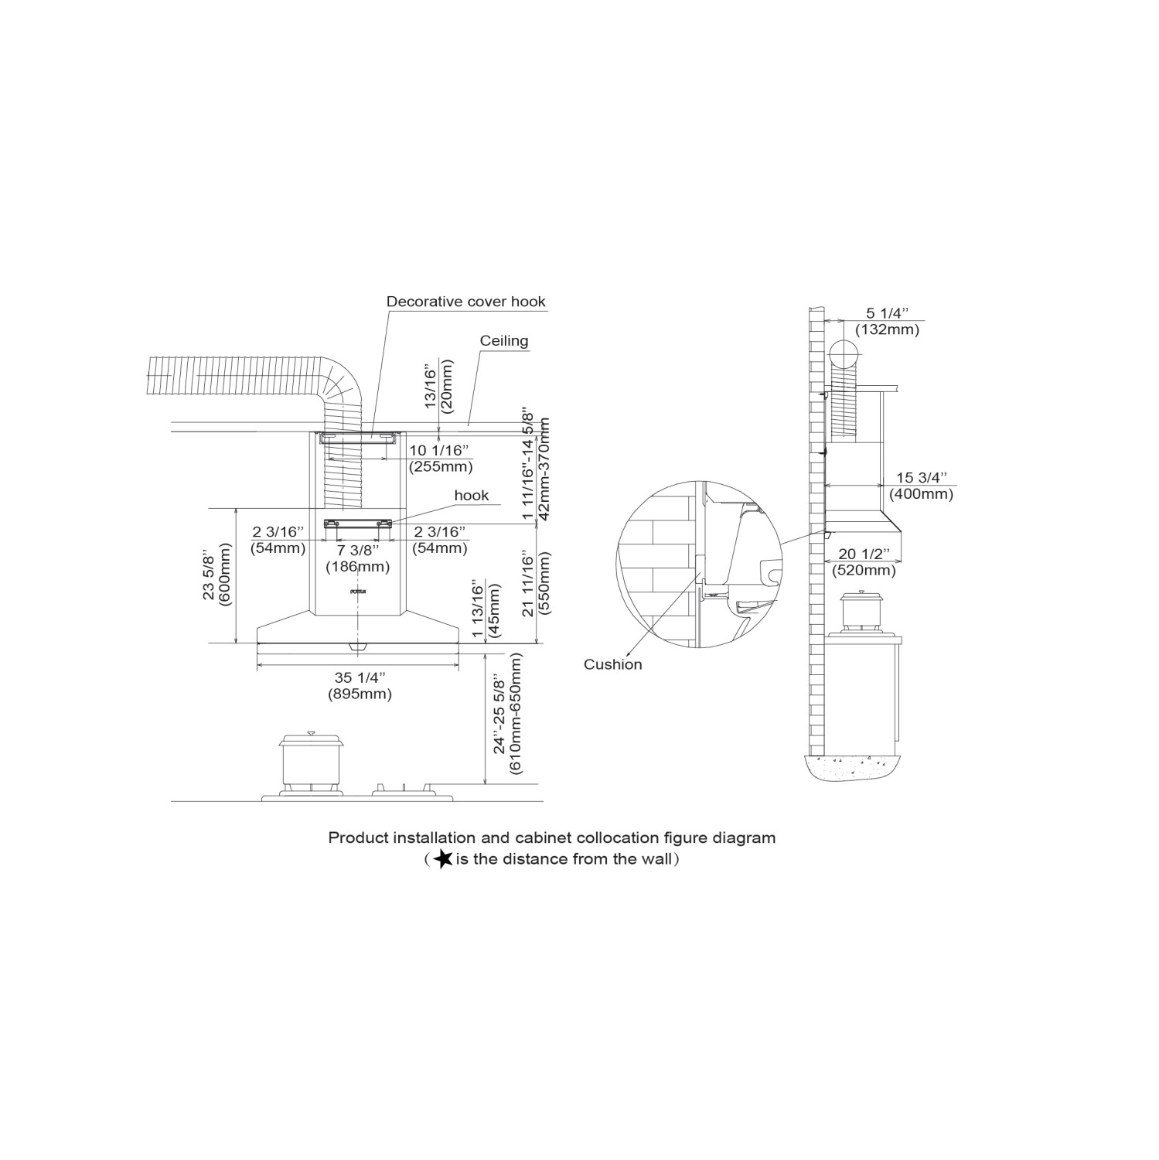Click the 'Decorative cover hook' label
[466, 302]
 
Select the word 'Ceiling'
[503, 340]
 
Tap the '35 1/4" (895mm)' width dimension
[359, 686]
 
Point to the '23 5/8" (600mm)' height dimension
[216, 577]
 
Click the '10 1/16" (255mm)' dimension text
[440, 459]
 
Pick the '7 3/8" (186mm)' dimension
[357, 558]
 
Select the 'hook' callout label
[471, 495]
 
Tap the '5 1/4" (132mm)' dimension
[887, 322]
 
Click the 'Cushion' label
[612, 664]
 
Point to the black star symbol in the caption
[443, 859]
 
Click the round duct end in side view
[844, 357]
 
